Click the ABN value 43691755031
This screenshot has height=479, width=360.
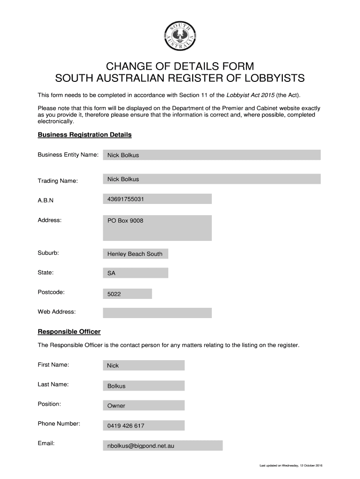pyautogui.click(x=125, y=199)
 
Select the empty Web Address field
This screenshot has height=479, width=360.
pyautogui.click(x=157, y=312)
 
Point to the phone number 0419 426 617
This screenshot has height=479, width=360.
pyautogui.click(x=126, y=426)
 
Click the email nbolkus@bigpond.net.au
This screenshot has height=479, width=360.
pyautogui.click(x=141, y=446)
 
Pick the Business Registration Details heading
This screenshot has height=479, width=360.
pyautogui.click(x=85, y=135)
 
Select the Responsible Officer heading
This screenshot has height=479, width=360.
pyautogui.click(x=69, y=332)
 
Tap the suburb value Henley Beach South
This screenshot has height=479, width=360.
pyautogui.click(x=135, y=254)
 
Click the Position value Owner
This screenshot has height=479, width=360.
pyautogui.click(x=116, y=406)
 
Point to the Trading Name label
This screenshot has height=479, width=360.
pyautogui.click(x=58, y=181)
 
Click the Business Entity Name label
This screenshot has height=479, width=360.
pyautogui.click(x=68, y=154)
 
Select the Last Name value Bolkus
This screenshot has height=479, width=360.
pyautogui.click(x=116, y=386)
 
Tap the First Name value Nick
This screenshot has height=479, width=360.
pyautogui.click(x=113, y=366)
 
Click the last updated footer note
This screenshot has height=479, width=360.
pyautogui.click(x=288, y=465)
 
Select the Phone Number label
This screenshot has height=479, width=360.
pyautogui.click(x=59, y=424)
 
